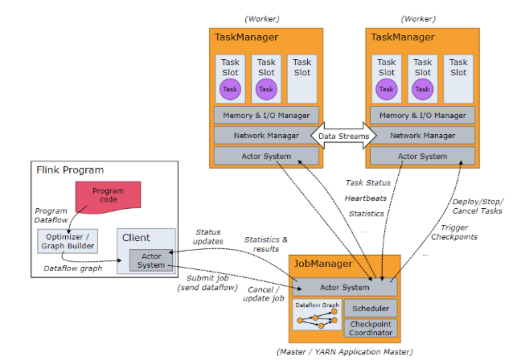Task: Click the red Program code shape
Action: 108,195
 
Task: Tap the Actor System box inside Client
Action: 151,260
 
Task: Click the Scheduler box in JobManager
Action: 370,309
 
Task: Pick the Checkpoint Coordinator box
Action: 370,328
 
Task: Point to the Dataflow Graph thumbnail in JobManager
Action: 317,314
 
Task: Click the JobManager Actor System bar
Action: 345,287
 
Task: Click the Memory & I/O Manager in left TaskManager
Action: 266,115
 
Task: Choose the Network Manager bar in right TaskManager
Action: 423,136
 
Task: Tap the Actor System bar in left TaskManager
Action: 266,156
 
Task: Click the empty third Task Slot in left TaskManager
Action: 302,79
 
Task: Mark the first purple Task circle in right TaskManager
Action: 386,89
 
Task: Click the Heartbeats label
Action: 366,198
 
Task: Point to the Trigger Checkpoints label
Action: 454,232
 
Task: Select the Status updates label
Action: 208,236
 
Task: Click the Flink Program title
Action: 70,170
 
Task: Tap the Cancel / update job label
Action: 263,293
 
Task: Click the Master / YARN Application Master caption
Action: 345,352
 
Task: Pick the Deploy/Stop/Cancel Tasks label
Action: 477,206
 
